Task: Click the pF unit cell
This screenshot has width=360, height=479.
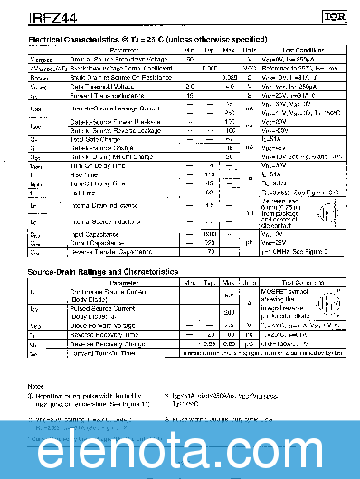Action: point(250,242)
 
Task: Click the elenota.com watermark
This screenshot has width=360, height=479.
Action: point(180,447)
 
